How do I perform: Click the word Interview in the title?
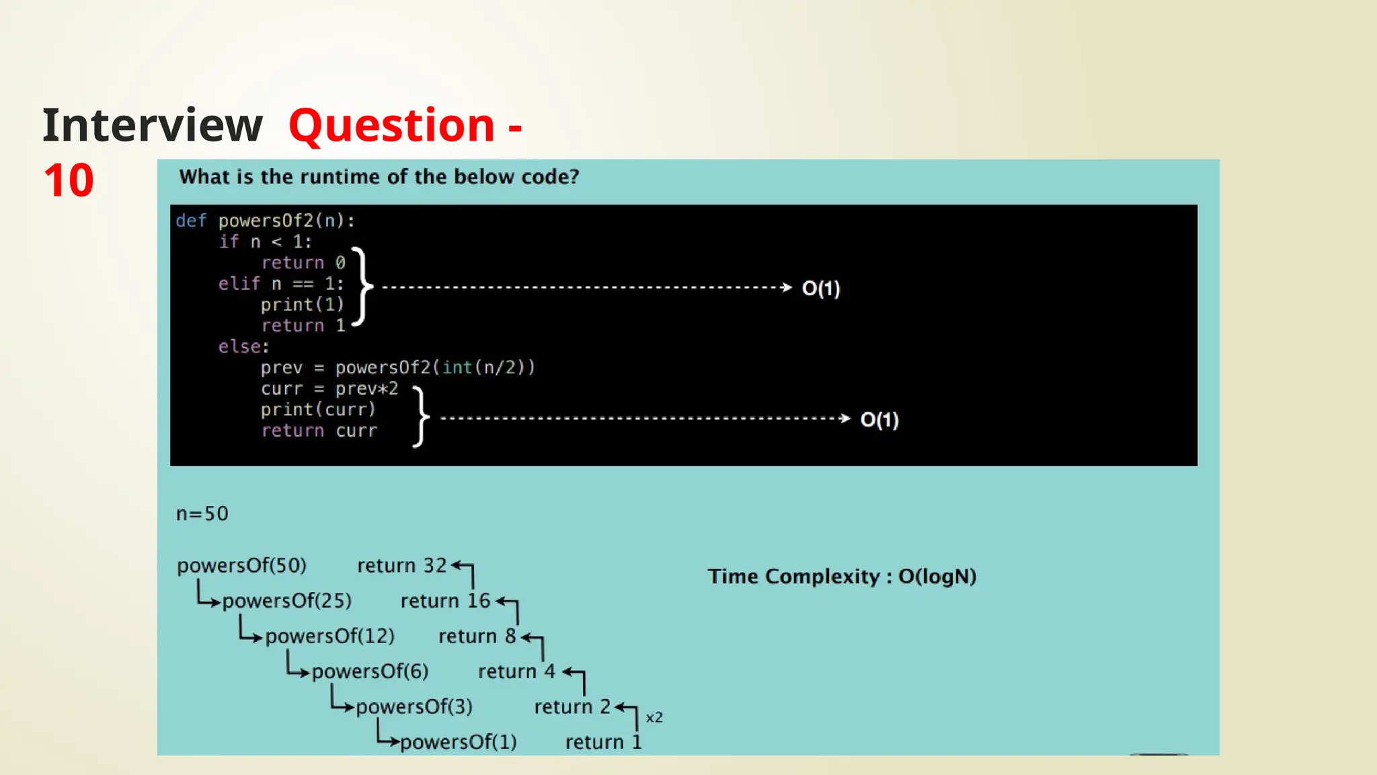click(x=152, y=126)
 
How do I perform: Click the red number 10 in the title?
click(x=69, y=181)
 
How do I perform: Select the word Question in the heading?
click(x=392, y=126)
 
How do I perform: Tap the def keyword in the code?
click(x=191, y=221)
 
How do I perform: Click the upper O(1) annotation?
click(x=821, y=289)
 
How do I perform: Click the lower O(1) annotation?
click(x=879, y=420)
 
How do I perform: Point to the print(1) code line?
click(x=302, y=305)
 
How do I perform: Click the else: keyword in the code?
click(x=243, y=346)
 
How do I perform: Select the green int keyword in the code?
click(x=457, y=367)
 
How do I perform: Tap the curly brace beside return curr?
click(x=420, y=417)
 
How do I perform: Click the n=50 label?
click(x=202, y=514)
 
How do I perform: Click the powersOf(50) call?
click(x=241, y=566)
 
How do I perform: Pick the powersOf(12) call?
click(x=329, y=636)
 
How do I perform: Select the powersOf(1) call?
click(x=458, y=742)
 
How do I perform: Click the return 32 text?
click(x=401, y=566)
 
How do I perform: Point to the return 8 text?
click(x=477, y=636)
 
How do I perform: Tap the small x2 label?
click(x=654, y=718)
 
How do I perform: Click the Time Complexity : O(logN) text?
click(x=842, y=577)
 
